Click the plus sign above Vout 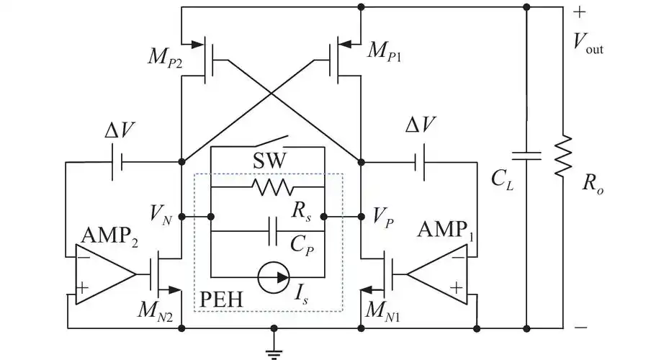580,12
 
